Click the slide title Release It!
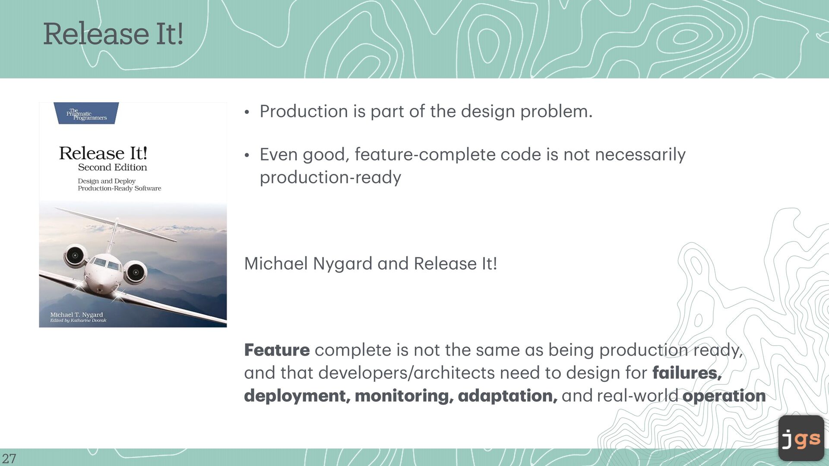pos(113,34)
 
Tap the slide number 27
pos(9,458)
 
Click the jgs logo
pos(801,438)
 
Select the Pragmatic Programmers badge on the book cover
pos(86,113)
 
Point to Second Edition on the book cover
pos(112,167)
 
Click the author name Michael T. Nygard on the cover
pos(76,315)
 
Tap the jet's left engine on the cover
pos(76,255)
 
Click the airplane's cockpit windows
pos(106,263)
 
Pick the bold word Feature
pos(277,350)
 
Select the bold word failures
pos(687,373)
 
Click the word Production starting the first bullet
pos(304,111)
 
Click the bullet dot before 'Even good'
pos(247,155)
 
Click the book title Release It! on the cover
pos(103,153)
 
